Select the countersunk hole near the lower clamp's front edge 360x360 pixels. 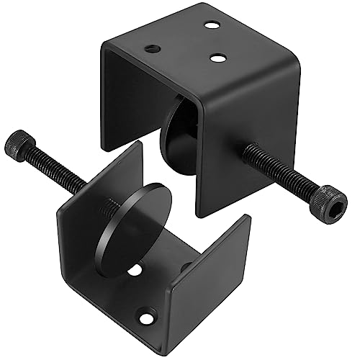click(148, 316)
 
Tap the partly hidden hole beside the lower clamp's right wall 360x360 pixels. click(185, 268)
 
